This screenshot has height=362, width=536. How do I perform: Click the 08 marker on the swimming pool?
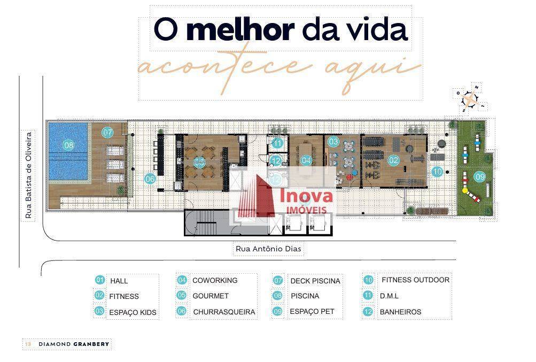click(68, 145)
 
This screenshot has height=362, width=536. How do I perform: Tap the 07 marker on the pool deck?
click(108, 132)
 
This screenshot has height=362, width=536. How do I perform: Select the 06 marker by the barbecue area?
click(150, 179)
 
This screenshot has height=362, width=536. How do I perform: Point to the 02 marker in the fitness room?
click(394, 159)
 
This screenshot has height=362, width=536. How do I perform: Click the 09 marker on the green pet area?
click(479, 176)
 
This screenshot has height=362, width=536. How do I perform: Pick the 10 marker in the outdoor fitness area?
click(438, 172)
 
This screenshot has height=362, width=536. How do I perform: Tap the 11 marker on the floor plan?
click(277, 143)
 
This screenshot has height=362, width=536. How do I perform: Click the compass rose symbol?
click(470, 99)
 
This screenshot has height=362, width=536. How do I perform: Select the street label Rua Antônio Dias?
click(270, 249)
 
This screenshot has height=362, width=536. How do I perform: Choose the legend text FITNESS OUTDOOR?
click(415, 280)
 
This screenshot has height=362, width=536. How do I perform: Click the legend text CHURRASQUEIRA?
click(224, 312)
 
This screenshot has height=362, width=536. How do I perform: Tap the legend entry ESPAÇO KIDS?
click(133, 312)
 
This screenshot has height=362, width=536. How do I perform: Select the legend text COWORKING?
click(215, 280)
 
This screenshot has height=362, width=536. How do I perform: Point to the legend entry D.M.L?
click(389, 296)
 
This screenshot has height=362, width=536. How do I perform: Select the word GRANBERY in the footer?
click(91, 344)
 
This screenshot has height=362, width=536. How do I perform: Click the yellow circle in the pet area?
click(465, 190)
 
